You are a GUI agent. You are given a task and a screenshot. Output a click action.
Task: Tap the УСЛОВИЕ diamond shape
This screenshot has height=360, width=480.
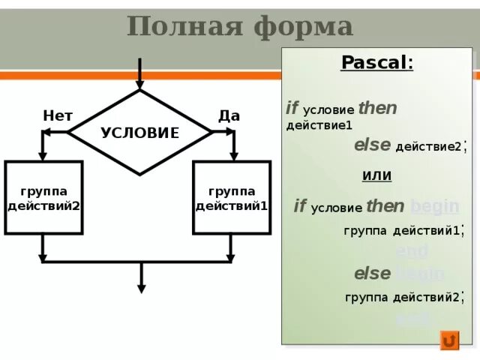point(139,133)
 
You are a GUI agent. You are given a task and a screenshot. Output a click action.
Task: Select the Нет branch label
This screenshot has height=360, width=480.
point(57,115)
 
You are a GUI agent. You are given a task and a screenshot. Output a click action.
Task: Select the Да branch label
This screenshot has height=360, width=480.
point(229,115)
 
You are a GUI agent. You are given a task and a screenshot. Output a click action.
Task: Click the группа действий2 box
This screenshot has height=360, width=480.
point(43,198)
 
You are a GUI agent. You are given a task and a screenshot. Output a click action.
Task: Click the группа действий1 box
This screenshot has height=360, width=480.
point(231,198)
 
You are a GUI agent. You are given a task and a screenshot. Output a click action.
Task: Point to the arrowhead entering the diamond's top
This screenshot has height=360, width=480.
point(139,85)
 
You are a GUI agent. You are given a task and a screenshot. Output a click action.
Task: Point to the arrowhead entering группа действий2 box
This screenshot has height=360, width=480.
point(43,155)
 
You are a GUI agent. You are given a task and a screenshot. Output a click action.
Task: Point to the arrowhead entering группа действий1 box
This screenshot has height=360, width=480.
point(232,155)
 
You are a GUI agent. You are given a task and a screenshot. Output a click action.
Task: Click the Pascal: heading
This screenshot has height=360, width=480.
point(376,62)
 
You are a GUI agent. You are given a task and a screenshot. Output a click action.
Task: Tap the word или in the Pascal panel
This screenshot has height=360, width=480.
point(376,175)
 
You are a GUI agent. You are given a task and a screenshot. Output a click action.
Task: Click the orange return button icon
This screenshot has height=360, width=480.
point(449,341)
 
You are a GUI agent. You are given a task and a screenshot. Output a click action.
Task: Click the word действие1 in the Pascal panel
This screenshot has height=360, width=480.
point(319,125)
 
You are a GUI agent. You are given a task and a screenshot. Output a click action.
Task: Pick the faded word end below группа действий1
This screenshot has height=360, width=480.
point(411,251)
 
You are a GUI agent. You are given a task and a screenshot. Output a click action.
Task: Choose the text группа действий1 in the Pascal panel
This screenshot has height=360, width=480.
point(401,230)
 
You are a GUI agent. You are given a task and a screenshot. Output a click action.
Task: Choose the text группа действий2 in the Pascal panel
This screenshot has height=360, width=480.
point(402,297)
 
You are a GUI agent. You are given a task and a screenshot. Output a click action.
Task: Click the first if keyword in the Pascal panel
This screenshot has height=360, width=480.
point(292,108)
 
